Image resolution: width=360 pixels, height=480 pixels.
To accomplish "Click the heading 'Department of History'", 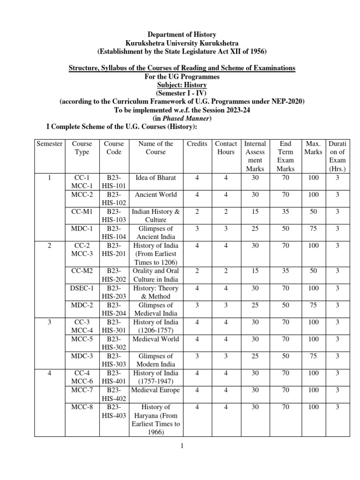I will click(x=182, y=34).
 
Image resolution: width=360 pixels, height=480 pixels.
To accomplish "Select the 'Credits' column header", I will click(x=197, y=143).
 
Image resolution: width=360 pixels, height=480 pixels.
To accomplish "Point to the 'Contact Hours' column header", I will click(x=226, y=148).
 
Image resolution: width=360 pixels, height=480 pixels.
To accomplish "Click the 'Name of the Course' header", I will click(x=156, y=148).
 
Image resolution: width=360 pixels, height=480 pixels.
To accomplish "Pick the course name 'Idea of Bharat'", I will click(x=156, y=178).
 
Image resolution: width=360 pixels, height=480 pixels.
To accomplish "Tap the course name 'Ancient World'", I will click(x=156, y=195).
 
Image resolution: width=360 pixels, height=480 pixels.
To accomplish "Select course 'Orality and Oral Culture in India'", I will click(x=156, y=275).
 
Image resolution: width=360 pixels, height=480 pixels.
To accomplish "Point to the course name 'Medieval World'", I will click(x=156, y=339).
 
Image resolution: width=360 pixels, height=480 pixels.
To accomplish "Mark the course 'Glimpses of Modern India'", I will click(x=156, y=360).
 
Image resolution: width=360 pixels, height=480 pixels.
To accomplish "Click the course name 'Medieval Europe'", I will click(x=156, y=390).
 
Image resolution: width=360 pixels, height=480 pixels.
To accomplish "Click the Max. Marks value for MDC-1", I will click(x=313, y=228).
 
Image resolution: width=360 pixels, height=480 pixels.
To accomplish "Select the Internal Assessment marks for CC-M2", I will click(x=255, y=271).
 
